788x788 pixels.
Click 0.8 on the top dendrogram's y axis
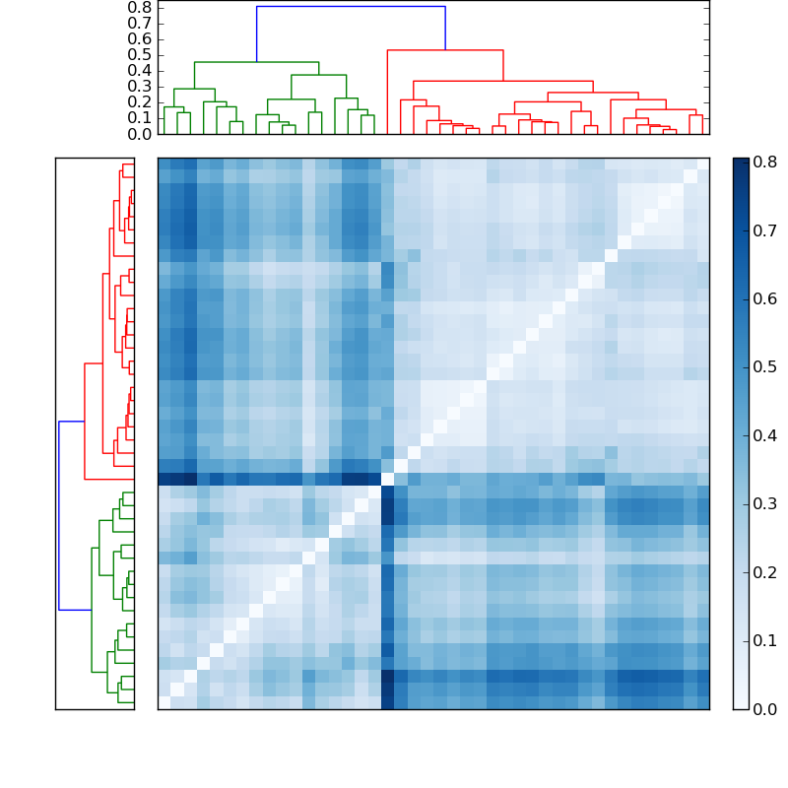tap(140, 7)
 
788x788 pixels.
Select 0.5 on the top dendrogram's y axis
tap(140, 54)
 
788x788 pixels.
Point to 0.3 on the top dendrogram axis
tap(140, 86)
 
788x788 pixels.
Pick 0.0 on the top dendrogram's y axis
tap(140, 133)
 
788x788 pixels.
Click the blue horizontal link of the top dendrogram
tap(350, 7)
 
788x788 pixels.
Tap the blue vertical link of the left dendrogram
tap(59, 515)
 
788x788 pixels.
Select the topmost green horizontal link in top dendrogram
tap(256, 62)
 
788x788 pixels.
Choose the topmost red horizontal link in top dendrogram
tap(445, 50)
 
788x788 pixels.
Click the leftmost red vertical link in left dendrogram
tap(85, 421)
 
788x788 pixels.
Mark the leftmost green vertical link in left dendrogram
tap(92, 610)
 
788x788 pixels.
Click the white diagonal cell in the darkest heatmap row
tap(387, 479)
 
